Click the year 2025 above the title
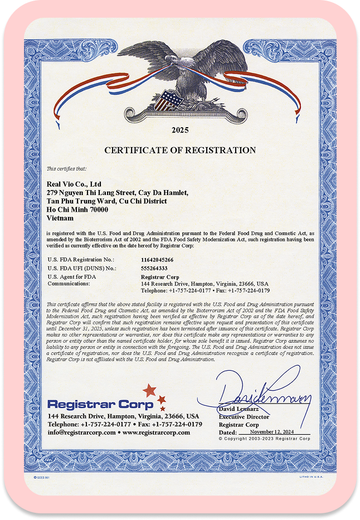(x=180, y=130)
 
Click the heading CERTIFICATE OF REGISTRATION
(x=180, y=150)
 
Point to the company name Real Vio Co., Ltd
(x=74, y=183)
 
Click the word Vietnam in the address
(x=60, y=218)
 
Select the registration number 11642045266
(x=157, y=260)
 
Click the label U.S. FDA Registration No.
(x=81, y=260)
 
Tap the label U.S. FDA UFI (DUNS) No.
(x=82, y=268)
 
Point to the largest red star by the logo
(x=149, y=390)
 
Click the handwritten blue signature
(x=262, y=393)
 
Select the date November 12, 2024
(x=273, y=432)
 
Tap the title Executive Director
(x=244, y=417)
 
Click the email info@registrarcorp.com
(x=82, y=432)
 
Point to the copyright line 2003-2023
(x=264, y=439)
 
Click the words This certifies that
(x=66, y=168)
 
